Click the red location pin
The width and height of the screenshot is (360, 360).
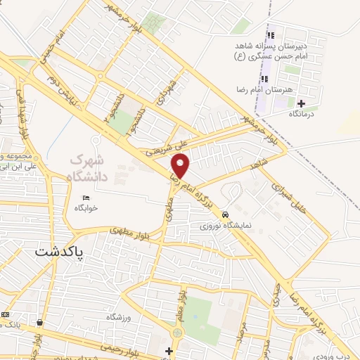181,167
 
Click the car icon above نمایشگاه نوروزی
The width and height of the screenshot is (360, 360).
225,214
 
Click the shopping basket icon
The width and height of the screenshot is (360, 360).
40,323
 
